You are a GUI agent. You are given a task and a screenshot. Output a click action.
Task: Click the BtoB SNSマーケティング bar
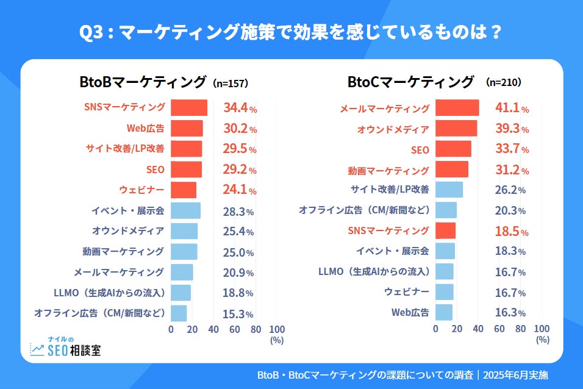tap(189, 108)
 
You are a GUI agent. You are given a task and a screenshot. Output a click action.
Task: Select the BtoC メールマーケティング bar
tap(457, 108)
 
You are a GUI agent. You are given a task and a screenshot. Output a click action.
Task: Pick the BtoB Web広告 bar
tap(187, 129)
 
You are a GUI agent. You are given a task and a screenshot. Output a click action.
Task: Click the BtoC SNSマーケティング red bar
tap(445, 230)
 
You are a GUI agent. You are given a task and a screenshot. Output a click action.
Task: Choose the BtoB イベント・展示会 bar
tap(185, 211)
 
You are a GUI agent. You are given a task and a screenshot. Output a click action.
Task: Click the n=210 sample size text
tap(503, 82)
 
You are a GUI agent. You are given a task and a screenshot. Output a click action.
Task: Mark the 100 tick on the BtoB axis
tap(277, 329)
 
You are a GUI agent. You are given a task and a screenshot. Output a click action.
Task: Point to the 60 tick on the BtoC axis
tap(499, 329)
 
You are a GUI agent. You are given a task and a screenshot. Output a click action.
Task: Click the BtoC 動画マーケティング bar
tap(452, 170)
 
